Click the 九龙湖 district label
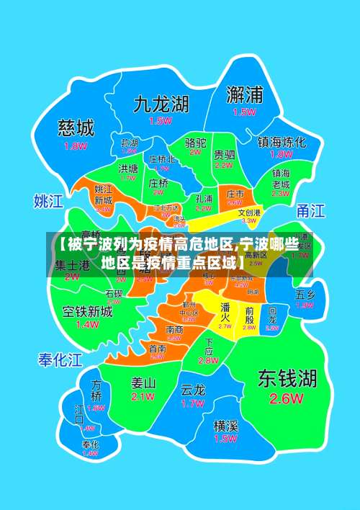pos(161,104)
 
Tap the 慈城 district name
pos(76,128)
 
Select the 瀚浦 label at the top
pos(244,94)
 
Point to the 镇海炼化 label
pos(282,142)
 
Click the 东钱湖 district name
pos(288,377)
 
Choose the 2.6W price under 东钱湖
pos(287,398)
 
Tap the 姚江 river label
pos(49,200)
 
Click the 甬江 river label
pos(311,210)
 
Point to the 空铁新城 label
pos(87,311)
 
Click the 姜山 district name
pos(143,382)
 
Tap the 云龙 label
pos(193,390)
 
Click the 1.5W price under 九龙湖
pos(161,122)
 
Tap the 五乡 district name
pos(305,294)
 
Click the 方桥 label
pos(96,390)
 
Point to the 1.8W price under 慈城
pos(76,146)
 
